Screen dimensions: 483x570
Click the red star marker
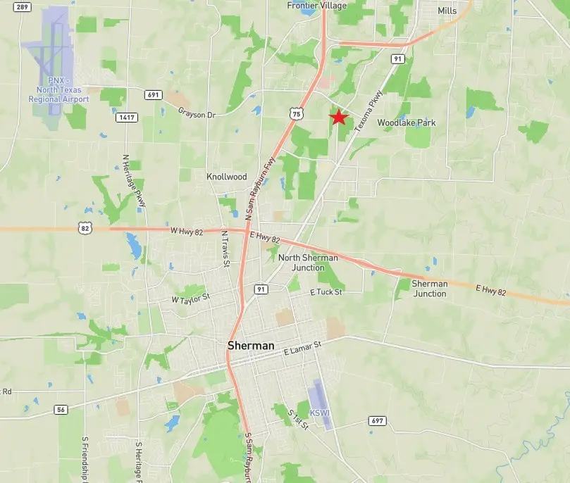(338, 117)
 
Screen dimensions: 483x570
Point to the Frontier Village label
(317, 6)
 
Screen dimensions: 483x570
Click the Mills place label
(447, 11)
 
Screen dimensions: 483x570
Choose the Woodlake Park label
(407, 123)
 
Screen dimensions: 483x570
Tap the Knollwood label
(227, 177)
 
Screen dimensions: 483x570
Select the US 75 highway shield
(297, 113)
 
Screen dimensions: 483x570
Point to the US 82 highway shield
(84, 228)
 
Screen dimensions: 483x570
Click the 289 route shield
(22, 7)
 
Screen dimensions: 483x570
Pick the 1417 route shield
(127, 117)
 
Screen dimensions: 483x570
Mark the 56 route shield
(61, 409)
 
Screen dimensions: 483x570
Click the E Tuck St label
(326, 291)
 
